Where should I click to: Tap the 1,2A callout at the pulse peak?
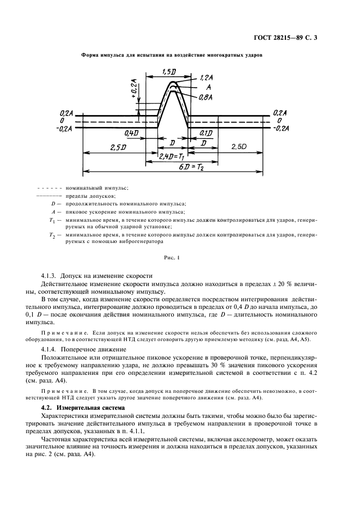pyautogui.click(x=206, y=78)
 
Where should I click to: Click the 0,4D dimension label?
pyautogui.click(x=131, y=133)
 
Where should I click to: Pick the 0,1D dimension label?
pyautogui.click(x=206, y=133)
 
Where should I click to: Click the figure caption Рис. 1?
pyautogui.click(x=171, y=256)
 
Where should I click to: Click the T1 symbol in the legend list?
pyautogui.click(x=52, y=220)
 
